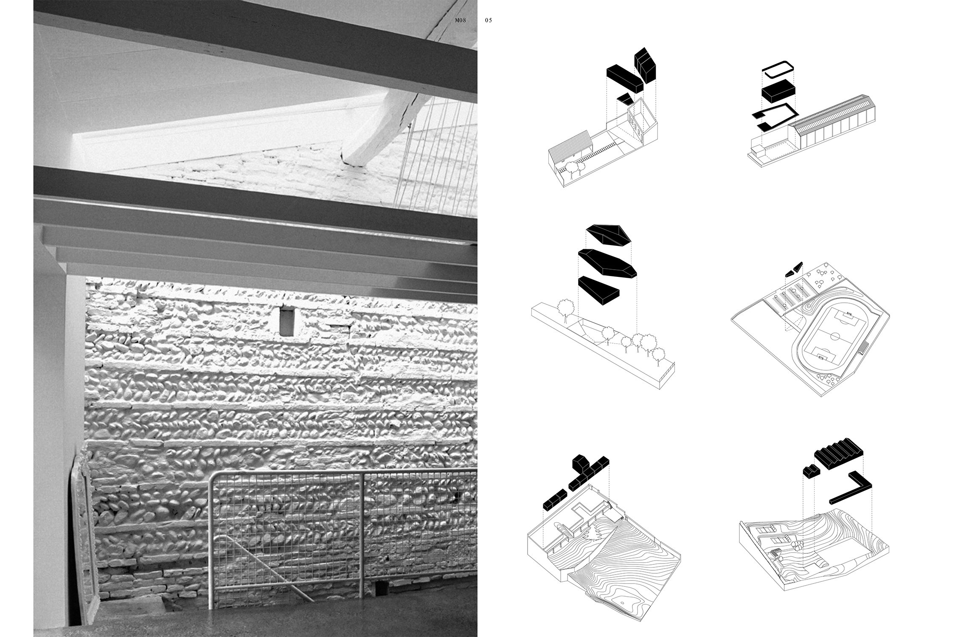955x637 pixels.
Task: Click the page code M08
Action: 460,20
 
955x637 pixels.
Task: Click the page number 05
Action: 489,20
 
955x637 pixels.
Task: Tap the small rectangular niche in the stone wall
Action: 287,321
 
